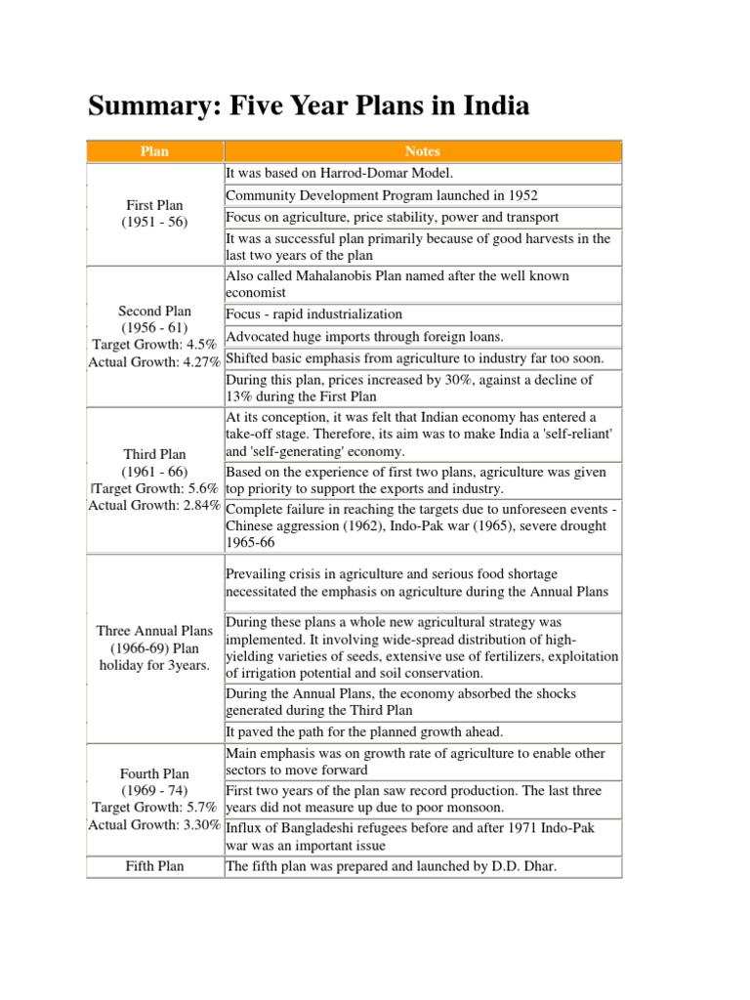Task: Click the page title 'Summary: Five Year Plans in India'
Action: (x=309, y=105)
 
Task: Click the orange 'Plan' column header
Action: (x=155, y=151)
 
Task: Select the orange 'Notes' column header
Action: (x=422, y=151)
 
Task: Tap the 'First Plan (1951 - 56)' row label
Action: (x=155, y=214)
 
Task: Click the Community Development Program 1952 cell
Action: (x=381, y=195)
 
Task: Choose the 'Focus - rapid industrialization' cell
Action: (x=313, y=314)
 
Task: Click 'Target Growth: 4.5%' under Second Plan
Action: (x=155, y=344)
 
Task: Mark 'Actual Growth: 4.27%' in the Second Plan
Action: (x=155, y=360)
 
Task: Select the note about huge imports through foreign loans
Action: (x=378, y=337)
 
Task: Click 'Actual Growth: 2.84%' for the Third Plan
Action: (x=155, y=505)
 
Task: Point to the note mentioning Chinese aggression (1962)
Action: (x=420, y=525)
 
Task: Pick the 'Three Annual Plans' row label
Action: (x=155, y=631)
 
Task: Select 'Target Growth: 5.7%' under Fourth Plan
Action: (x=155, y=807)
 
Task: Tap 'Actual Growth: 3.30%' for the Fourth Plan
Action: (x=155, y=824)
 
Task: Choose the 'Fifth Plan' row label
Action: (x=155, y=865)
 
